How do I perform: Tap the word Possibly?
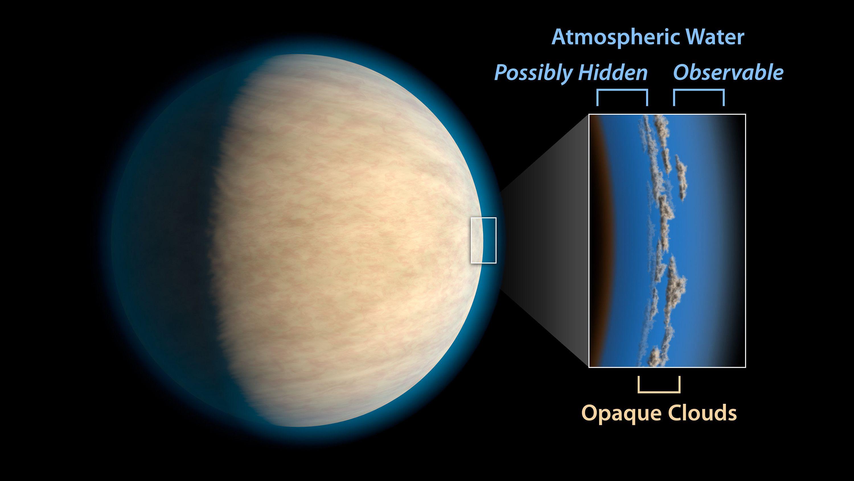[x=533, y=73]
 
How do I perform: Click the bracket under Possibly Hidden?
[x=622, y=90]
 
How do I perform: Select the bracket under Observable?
[x=699, y=90]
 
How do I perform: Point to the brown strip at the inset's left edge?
[x=595, y=239]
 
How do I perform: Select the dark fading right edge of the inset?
[x=734, y=239]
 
